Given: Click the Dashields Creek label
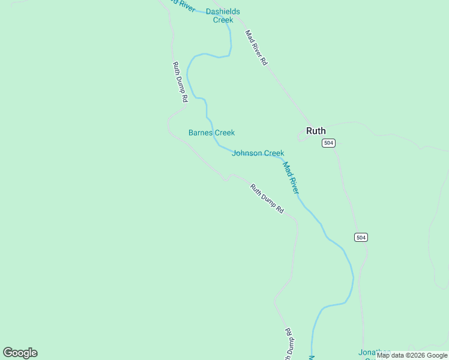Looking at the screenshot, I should tap(223, 16).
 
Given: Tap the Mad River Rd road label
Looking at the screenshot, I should tap(256, 47).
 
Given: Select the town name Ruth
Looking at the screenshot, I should tap(316, 131).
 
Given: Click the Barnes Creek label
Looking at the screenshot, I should tap(211, 133).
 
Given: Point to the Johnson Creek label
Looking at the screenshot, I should tap(258, 153).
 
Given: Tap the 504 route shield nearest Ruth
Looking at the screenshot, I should tap(328, 143).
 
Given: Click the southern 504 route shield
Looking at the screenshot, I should tap(360, 237).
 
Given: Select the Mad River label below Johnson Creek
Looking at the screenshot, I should tap(291, 178).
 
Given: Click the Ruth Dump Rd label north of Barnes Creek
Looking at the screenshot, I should tap(180, 82).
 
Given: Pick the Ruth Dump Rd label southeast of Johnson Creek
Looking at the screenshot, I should tap(267, 199).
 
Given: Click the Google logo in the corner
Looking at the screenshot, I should tap(20, 353).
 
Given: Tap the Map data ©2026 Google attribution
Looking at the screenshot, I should tap(412, 355).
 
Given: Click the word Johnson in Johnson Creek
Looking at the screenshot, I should tap(247, 153).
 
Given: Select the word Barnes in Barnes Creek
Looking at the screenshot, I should tap(200, 133).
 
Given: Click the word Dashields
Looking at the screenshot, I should tap(223, 11).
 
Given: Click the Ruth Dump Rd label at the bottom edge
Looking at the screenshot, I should tap(289, 345).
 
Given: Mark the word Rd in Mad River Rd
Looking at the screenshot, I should tap(264, 61).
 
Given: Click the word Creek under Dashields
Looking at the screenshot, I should tap(223, 20).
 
